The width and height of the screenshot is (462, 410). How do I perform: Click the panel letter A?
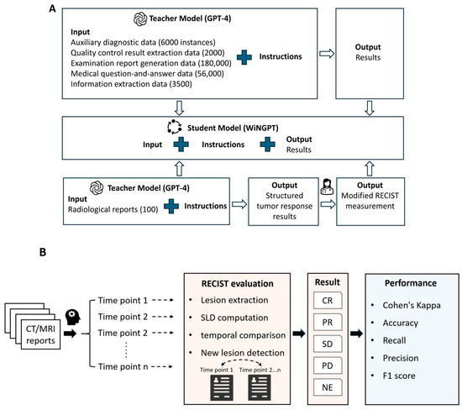coord(52,8)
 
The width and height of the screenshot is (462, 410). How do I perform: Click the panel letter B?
coord(43,252)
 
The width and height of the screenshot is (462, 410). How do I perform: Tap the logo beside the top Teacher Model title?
coord(140,18)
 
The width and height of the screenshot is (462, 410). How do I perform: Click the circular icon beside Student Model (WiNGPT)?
coord(174,127)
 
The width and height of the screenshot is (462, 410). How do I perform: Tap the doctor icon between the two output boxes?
coord(327,187)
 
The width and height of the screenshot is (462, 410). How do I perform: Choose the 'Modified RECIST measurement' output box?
coord(370,202)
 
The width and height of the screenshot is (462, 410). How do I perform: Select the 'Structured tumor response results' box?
coord(283,202)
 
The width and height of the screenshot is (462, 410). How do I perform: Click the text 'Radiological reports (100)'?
coord(113,209)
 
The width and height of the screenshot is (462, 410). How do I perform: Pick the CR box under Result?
coord(328,300)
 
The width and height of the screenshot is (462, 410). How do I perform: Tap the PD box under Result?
coord(328,365)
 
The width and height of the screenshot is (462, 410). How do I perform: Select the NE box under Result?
coord(328,387)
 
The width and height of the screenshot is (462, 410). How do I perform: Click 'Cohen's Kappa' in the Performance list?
coord(412,305)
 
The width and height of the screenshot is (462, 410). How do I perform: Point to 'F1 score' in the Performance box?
coord(399,376)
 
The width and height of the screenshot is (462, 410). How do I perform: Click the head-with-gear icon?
coord(73,317)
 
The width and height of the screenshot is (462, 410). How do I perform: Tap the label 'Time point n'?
coord(123,366)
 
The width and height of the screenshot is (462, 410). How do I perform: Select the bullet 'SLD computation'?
coord(234,318)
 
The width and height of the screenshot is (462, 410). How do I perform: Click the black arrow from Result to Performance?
coord(356,334)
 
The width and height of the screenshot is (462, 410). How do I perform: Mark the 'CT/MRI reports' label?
coord(40,334)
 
